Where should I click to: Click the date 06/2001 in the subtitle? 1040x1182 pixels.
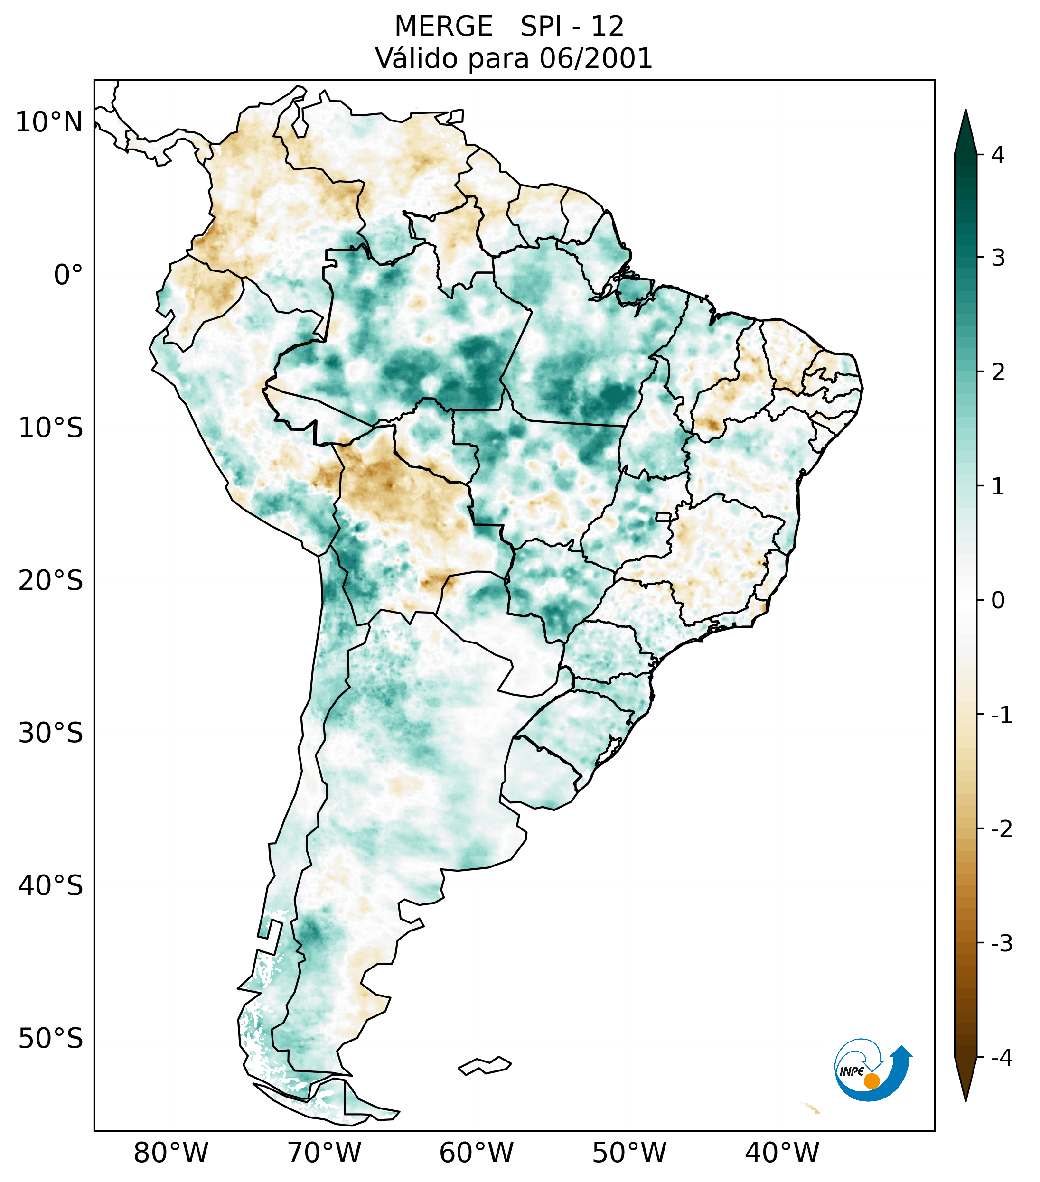596,58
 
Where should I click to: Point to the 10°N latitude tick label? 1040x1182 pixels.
49,122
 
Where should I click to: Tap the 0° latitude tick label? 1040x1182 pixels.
68,275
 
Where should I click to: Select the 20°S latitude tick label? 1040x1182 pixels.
51,581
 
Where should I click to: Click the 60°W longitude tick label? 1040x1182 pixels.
476,1153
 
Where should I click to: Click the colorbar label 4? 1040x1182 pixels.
998,155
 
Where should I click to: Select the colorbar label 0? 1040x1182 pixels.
998,601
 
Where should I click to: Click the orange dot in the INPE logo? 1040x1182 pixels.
871,1081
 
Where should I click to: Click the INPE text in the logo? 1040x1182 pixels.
852,1071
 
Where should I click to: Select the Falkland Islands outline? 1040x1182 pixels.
485,1065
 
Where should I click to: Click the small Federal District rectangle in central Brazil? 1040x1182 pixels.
664,516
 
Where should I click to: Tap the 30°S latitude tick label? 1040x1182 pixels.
51,733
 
